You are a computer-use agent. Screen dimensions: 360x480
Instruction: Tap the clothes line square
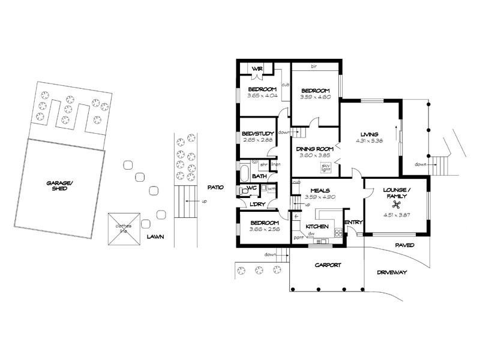[125, 229]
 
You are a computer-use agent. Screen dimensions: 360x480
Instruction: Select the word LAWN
[155, 236]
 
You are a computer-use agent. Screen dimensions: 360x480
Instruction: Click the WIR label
[257, 69]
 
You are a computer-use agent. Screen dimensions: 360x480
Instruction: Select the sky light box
[326, 167]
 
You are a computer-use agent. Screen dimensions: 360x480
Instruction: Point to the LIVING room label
[369, 134]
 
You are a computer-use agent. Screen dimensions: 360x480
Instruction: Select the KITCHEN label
[317, 227]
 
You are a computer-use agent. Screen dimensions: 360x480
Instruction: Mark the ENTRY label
[354, 223]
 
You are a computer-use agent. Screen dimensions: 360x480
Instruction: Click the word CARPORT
[328, 265]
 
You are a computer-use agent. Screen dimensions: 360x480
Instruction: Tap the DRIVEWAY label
[392, 272]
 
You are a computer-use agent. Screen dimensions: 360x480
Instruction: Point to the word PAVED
[405, 245]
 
